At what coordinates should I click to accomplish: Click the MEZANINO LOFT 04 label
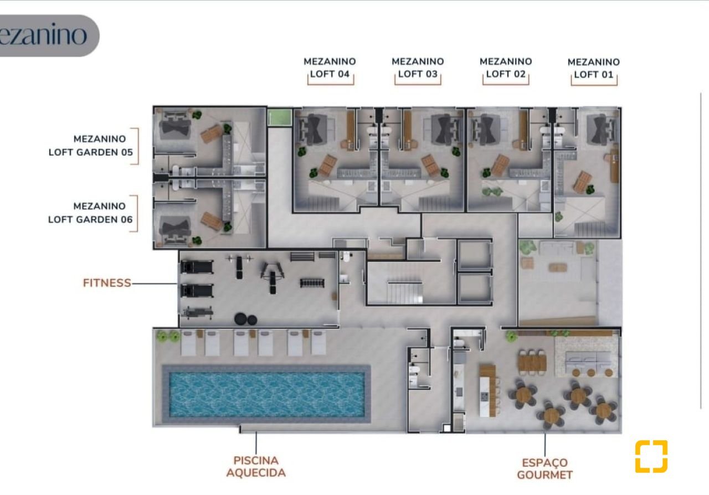pyautogui.click(x=330, y=68)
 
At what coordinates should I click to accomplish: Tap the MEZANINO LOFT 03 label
pyautogui.click(x=418, y=68)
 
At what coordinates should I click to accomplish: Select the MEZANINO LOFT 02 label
pyautogui.click(x=506, y=68)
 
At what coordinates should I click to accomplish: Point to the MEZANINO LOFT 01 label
pyautogui.click(x=594, y=68)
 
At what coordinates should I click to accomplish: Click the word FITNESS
pyautogui.click(x=107, y=283)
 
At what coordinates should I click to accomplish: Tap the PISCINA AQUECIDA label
pyautogui.click(x=256, y=467)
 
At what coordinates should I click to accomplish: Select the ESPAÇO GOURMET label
pyautogui.click(x=544, y=469)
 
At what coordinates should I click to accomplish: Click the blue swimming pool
pyautogui.click(x=266, y=394)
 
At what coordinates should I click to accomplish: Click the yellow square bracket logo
pyautogui.click(x=651, y=456)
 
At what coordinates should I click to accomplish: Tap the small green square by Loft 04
pyautogui.click(x=280, y=118)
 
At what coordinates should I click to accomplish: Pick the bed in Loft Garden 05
pyautogui.click(x=174, y=125)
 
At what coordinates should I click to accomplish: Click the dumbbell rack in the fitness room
pyautogui.click(x=312, y=282)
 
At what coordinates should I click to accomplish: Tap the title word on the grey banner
pyautogui.click(x=43, y=35)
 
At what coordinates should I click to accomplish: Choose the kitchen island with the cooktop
pyautogui.click(x=487, y=391)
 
